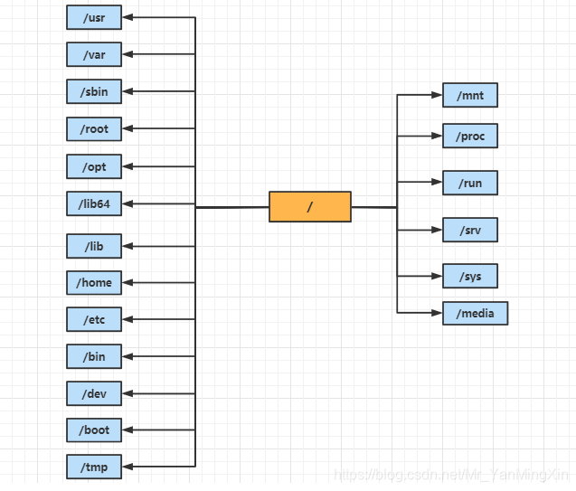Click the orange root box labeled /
tap(309, 207)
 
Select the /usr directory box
tap(94, 17)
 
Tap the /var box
tap(94, 54)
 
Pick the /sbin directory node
tap(94, 91)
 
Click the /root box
tap(94, 129)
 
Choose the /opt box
tap(94, 167)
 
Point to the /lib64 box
tap(94, 203)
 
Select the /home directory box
tap(94, 282)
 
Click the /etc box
tap(94, 319)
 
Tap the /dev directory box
tap(94, 393)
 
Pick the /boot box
tap(94, 430)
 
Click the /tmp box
tap(94, 467)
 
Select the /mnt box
tap(469, 94)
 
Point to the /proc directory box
tap(469, 136)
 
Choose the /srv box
tap(469, 230)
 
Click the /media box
tap(475, 313)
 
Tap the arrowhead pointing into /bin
tap(127, 356)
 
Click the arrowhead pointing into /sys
tap(437, 276)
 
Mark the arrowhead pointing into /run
tap(437, 183)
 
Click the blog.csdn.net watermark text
tap(452, 475)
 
